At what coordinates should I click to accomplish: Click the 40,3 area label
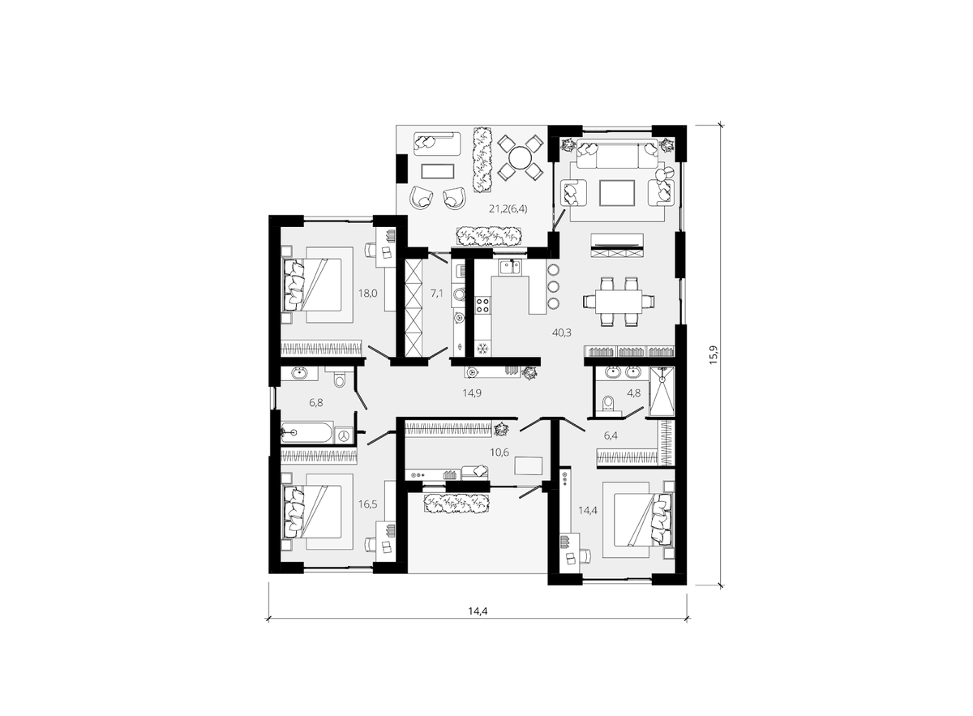(562, 332)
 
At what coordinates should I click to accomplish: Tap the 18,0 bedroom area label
(367, 294)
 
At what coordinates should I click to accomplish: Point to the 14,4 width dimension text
(478, 611)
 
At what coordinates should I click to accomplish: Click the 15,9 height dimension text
(714, 354)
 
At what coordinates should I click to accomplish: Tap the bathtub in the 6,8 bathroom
(306, 432)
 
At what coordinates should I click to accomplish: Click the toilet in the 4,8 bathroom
(608, 402)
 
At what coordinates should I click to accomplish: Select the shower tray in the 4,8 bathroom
(662, 392)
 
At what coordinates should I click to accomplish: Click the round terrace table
(520, 159)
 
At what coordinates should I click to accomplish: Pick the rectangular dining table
(619, 301)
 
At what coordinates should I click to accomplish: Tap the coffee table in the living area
(616, 193)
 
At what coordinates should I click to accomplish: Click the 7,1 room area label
(436, 294)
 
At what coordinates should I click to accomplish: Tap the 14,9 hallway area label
(472, 393)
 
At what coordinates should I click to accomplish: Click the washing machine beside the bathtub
(345, 435)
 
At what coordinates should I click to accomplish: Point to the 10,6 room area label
(499, 452)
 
